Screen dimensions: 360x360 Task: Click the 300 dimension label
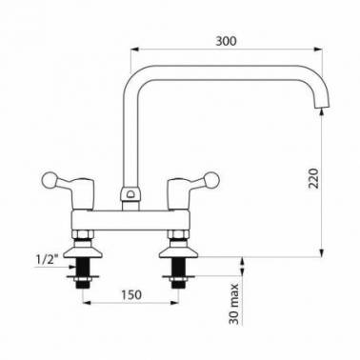click(x=226, y=41)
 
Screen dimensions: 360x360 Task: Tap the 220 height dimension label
click(x=313, y=178)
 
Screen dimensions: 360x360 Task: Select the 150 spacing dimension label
click(x=131, y=294)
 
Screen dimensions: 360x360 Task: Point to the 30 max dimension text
click(x=234, y=304)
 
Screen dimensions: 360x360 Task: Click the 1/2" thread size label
click(x=48, y=260)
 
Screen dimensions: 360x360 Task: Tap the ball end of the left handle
click(x=50, y=181)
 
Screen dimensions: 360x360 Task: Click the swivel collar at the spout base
click(x=130, y=194)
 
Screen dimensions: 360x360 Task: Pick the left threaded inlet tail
click(x=83, y=272)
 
